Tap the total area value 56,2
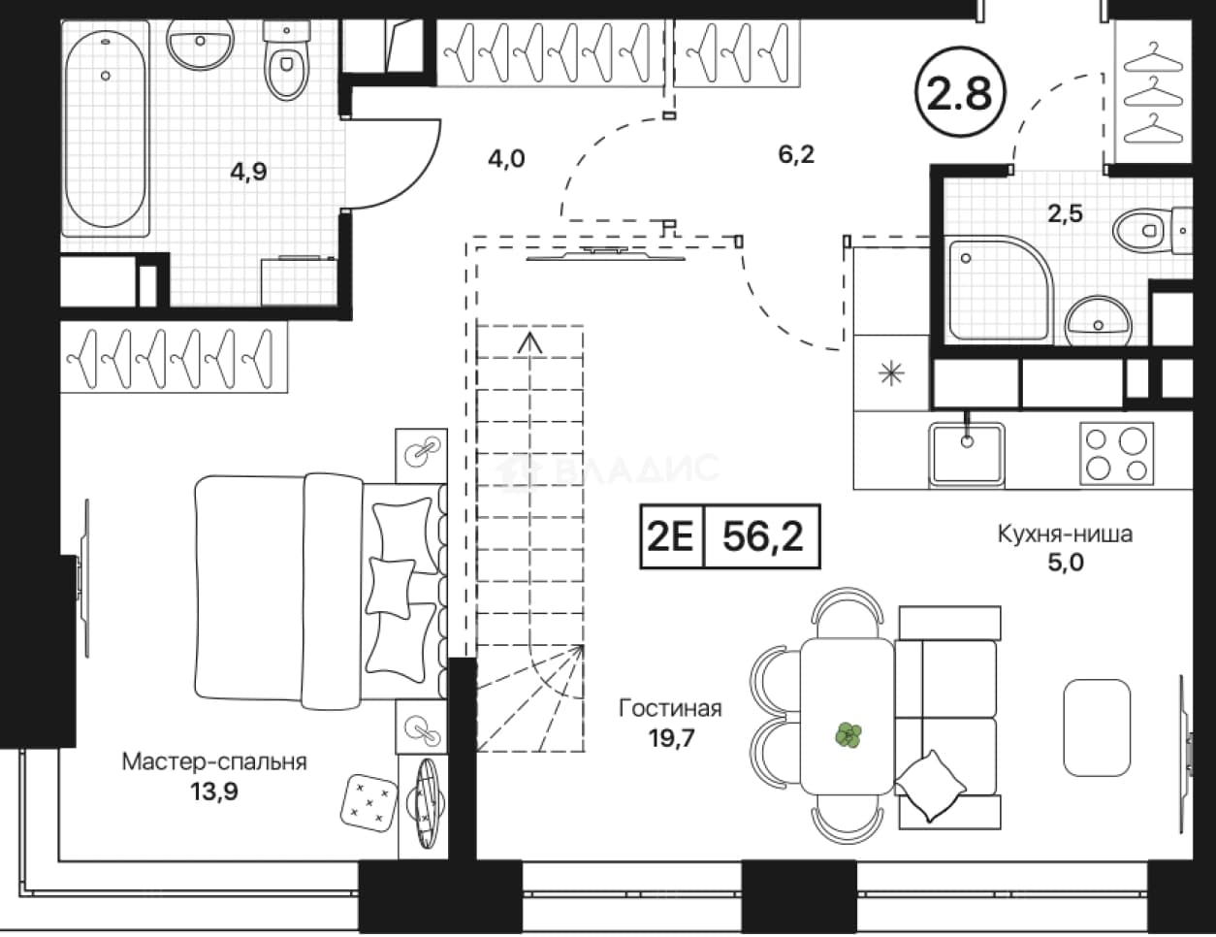[x=763, y=535]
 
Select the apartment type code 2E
[x=670, y=536]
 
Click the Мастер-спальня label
[x=214, y=761]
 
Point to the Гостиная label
[x=670, y=709]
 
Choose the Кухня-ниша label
[x=1065, y=534]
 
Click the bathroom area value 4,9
[x=249, y=172]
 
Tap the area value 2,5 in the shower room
[x=1066, y=213]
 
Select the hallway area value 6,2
[x=796, y=154]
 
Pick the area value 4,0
[x=506, y=159]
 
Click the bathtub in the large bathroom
[x=106, y=128]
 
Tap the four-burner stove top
[x=1116, y=453]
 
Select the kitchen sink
[x=967, y=453]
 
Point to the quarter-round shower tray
[x=999, y=289]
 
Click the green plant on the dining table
[x=848, y=734]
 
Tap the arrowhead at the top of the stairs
[x=529, y=342]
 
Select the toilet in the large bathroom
[x=286, y=61]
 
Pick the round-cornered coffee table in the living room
[x=1097, y=727]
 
